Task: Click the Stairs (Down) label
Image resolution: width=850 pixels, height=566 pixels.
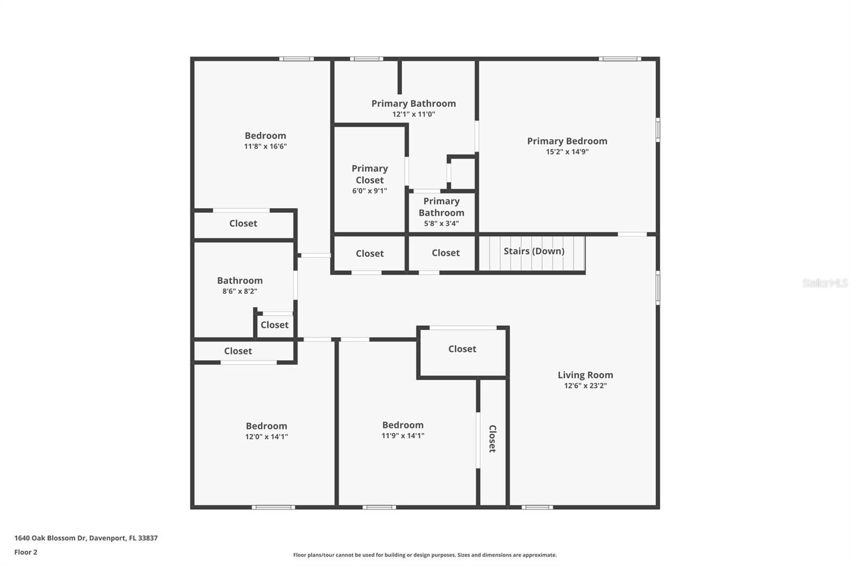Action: [533, 251]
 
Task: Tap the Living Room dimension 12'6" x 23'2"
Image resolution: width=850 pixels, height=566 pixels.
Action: [585, 386]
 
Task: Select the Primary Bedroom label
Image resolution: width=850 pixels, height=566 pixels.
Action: [567, 141]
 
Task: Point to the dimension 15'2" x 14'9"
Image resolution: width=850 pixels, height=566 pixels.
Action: [567, 152]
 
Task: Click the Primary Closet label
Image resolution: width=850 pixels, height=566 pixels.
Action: [370, 174]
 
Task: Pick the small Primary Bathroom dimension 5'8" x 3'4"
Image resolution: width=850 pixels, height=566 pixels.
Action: [441, 224]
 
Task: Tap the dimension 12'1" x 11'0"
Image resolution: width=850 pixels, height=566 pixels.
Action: [413, 114]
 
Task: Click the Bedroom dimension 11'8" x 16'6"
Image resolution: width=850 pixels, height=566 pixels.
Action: [265, 147]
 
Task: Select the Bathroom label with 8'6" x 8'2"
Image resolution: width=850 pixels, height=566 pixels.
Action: [240, 280]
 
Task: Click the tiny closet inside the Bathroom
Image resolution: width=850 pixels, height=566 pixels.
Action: [274, 325]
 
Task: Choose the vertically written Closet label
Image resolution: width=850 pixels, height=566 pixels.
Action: [492, 439]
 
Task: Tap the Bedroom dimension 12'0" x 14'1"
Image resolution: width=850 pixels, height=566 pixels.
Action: [266, 437]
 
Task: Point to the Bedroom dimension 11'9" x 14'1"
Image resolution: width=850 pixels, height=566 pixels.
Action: [403, 436]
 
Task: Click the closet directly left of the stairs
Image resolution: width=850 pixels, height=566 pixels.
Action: [445, 253]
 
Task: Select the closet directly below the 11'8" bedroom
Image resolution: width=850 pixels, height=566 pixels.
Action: [243, 224]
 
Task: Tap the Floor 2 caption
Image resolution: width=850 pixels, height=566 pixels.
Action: [25, 552]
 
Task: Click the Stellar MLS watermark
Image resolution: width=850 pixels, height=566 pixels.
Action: [824, 283]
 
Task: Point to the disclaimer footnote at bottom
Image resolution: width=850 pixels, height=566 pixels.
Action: [424, 555]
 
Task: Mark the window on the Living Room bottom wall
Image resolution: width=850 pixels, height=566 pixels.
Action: [537, 508]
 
